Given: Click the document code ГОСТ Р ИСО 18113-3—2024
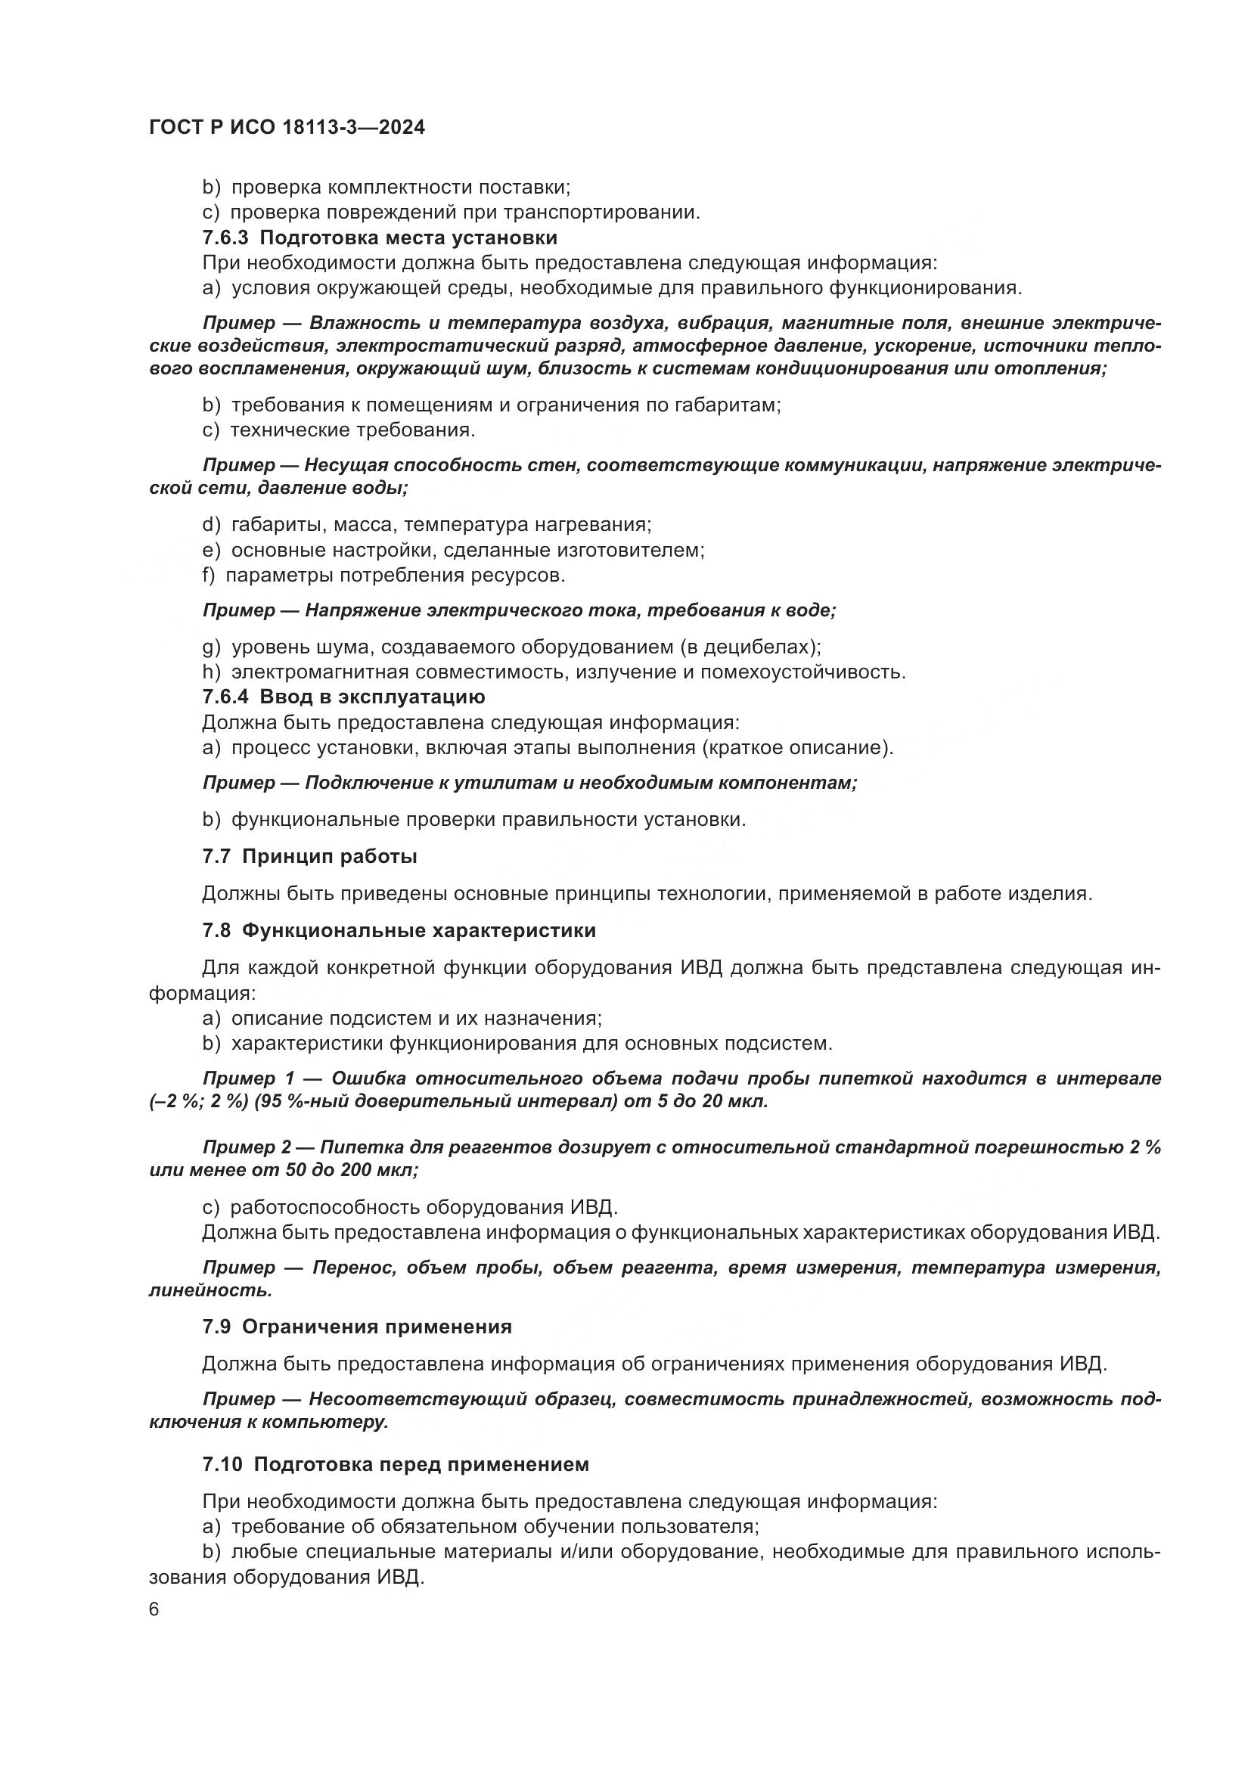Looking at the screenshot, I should click(x=287, y=128).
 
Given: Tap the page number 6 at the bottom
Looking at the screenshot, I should click(x=154, y=1609).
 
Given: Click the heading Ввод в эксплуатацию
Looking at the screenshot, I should click(x=372, y=697).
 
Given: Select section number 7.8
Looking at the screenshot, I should click(x=216, y=931).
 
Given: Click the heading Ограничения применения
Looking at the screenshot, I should click(x=377, y=1327).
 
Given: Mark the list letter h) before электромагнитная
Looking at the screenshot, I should click(x=211, y=672).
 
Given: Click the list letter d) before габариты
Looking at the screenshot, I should click(x=211, y=525).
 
